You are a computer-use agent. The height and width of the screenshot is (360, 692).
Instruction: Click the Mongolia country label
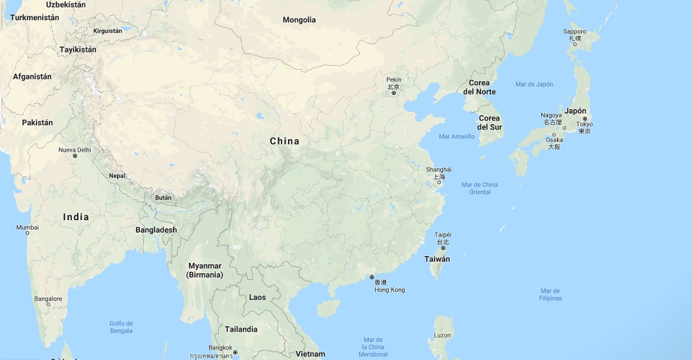tap(299, 20)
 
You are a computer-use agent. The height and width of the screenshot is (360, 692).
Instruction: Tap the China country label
tap(284, 141)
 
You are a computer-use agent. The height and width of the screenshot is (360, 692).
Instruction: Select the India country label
tap(76, 217)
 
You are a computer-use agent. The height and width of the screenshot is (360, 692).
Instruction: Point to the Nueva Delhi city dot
tap(75, 156)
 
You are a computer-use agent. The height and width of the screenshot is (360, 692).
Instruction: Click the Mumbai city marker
tap(28, 233)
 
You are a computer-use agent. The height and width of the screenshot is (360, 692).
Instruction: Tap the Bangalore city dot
tap(48, 305)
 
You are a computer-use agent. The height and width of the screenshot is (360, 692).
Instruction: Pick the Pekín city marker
tap(394, 93)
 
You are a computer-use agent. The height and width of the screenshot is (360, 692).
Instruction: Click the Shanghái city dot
tap(439, 183)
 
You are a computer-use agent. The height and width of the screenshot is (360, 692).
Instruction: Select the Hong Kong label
tap(389, 290)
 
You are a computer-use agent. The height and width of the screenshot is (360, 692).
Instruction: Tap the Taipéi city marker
tap(443, 248)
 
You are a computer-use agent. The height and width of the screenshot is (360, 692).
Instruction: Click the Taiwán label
tap(437, 259)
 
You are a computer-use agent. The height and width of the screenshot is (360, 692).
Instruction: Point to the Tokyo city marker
tap(585, 119)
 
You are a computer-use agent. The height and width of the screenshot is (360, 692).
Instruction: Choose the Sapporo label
tap(574, 31)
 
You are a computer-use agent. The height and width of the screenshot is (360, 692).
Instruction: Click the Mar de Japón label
tap(534, 84)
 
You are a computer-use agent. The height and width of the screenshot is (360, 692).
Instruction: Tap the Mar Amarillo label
tap(457, 136)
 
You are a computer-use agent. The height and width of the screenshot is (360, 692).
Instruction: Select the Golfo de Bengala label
tap(121, 327)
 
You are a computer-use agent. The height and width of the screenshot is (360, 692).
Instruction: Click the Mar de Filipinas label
tap(551, 294)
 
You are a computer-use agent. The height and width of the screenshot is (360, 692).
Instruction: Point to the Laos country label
tap(257, 298)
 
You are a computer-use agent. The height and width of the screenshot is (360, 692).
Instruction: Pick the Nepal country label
tap(117, 176)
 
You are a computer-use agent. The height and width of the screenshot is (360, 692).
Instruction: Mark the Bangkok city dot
tap(235, 353)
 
